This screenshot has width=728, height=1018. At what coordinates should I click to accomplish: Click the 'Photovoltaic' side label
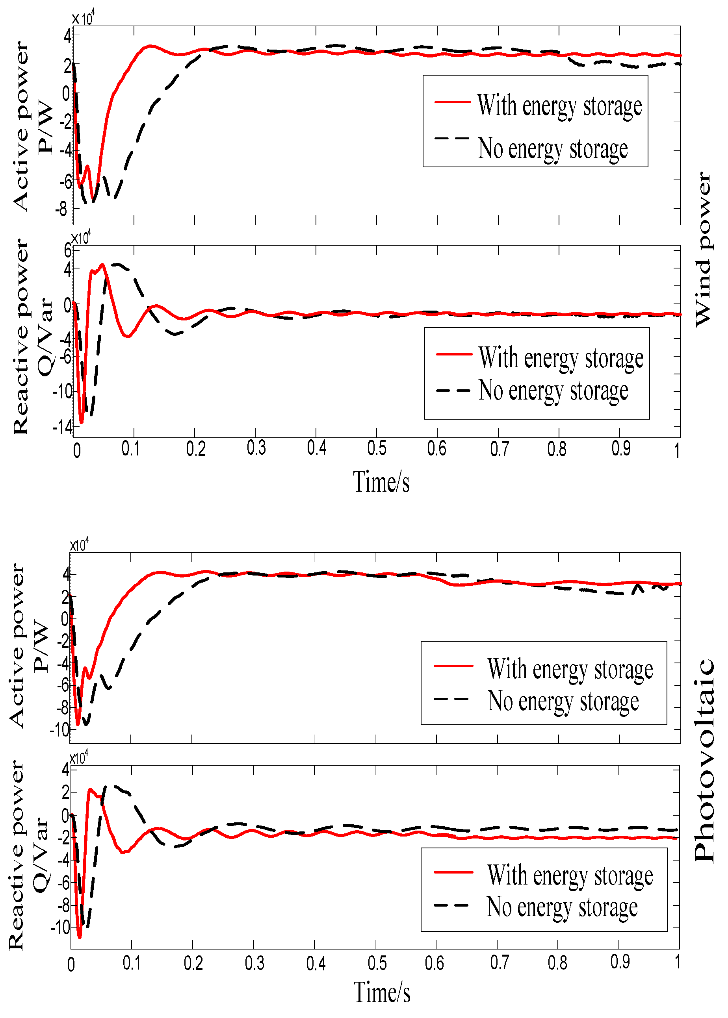pos(704,761)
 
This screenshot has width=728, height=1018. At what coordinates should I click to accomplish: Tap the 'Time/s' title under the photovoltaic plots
pos(381,992)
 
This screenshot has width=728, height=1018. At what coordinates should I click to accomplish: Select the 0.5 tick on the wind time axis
pos(377,448)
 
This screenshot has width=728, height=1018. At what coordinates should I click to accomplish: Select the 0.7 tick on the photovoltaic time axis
pos(499,962)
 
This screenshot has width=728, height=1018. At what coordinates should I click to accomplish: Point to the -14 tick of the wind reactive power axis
pos(62,427)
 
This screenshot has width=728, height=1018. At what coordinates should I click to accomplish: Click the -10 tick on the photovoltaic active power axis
pos(60,730)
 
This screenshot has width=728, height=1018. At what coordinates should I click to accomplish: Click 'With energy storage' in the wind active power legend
pos(559,106)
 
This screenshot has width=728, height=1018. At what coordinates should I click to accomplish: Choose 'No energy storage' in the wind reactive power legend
pos(553,391)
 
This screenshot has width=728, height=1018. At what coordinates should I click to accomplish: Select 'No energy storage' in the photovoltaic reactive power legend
pos(562,907)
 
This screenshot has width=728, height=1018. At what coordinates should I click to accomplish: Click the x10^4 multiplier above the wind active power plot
pos(84,19)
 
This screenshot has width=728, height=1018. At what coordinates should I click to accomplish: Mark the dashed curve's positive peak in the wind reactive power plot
pos(117,264)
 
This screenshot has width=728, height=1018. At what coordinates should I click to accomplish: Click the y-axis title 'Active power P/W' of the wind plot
pos(32,126)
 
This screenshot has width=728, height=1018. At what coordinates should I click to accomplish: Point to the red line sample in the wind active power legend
pos(452,102)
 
